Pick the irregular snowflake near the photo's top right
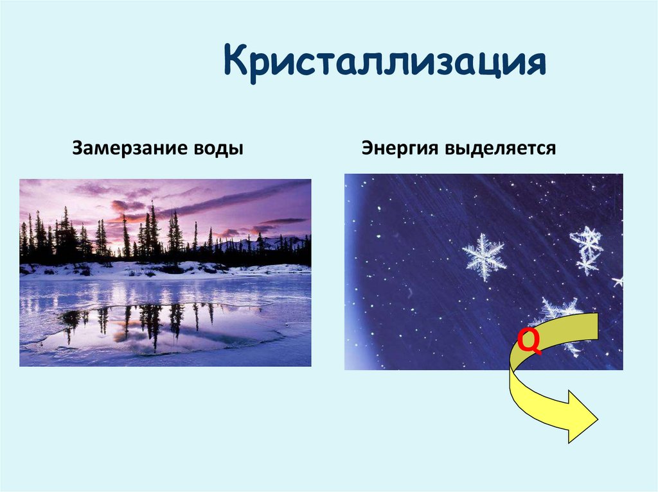pos(587,249)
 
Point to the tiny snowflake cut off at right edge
pos(618,281)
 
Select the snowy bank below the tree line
pos(161,268)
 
